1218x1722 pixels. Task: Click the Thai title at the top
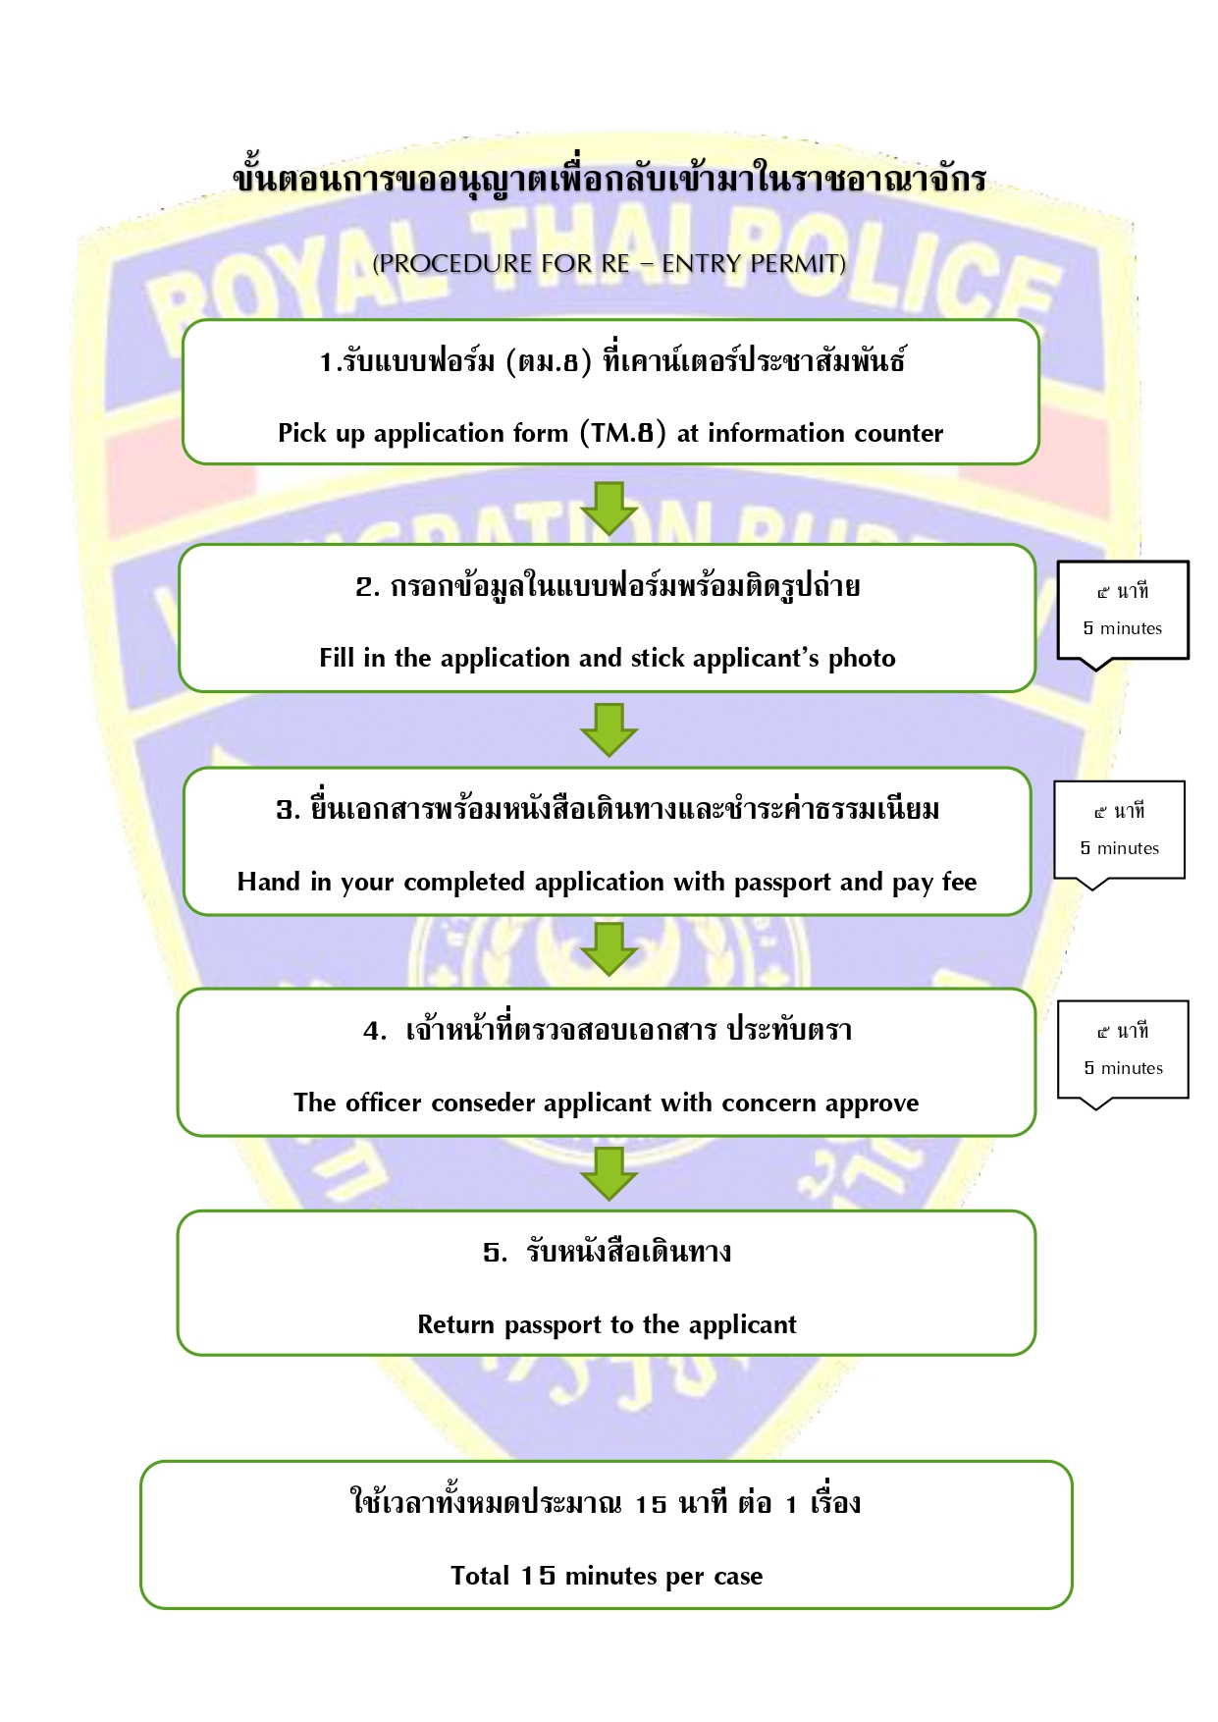609,178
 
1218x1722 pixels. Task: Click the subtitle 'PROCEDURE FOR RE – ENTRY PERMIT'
609,263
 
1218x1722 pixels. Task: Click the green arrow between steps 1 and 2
609,509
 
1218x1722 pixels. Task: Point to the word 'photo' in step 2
862,658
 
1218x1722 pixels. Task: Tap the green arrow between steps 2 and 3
609,729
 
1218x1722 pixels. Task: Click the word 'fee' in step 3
960,882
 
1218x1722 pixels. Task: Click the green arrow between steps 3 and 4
609,949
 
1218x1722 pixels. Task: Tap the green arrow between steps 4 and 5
609,1174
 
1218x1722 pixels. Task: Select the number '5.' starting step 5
495,1253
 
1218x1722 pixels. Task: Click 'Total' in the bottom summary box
480,1576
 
